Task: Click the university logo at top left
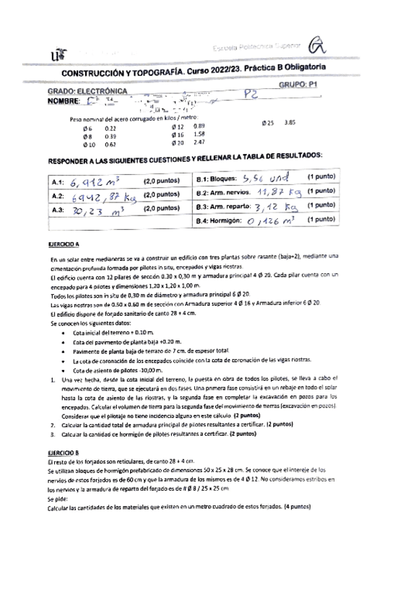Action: click(x=56, y=54)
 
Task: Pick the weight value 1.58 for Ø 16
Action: click(x=200, y=134)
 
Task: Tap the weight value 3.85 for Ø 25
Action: click(x=292, y=121)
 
